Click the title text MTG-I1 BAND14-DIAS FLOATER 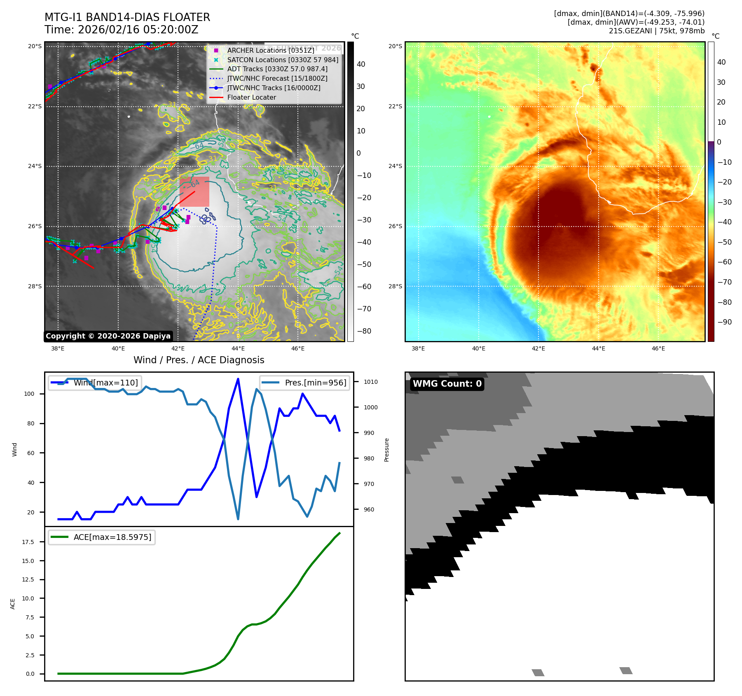tap(127, 17)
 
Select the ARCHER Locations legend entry tap(270, 50)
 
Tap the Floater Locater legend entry tap(251, 98)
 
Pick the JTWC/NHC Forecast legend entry tap(277, 78)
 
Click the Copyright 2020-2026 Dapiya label tap(108, 336)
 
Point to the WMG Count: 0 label tap(447, 384)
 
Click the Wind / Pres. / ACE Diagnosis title tap(199, 360)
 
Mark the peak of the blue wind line tap(238, 379)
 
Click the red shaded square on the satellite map tap(194, 192)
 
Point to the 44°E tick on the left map tap(238, 349)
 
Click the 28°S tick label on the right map tap(395, 286)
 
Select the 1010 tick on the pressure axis tap(370, 382)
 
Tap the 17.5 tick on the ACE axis tap(28, 542)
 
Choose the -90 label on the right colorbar tap(724, 322)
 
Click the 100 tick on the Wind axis tap(29, 394)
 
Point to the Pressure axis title tap(386, 450)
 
